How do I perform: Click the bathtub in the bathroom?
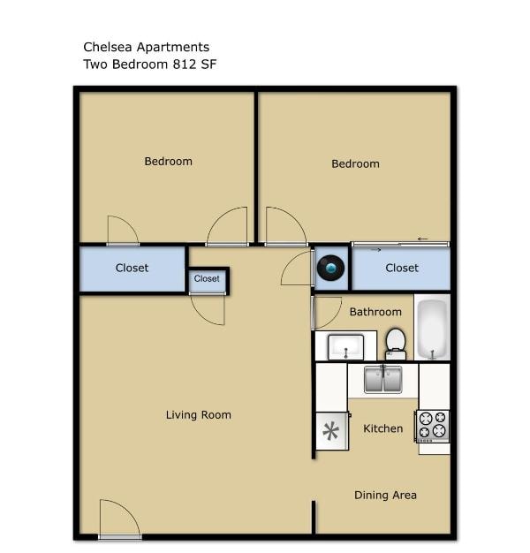[432, 328]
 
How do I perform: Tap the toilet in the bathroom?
[396, 342]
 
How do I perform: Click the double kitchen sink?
[382, 380]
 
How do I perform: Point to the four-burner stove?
[432, 426]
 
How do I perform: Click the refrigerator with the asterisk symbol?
[331, 431]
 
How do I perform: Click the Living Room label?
[199, 415]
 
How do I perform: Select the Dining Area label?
[385, 495]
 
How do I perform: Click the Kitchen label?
[383, 428]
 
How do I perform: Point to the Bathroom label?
[375, 312]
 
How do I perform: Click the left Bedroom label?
[168, 162]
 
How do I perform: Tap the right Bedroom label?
[355, 163]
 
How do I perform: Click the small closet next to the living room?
[207, 279]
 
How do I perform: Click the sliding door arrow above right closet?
[422, 239]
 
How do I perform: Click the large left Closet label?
[132, 268]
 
